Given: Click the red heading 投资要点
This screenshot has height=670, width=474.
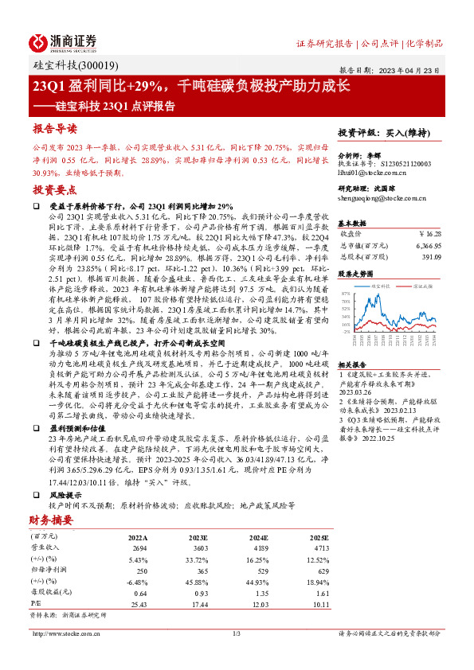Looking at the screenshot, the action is pyautogui.click(x=54, y=190).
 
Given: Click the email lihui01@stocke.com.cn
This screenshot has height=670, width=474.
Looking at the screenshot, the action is pyautogui.click(x=372, y=172).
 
